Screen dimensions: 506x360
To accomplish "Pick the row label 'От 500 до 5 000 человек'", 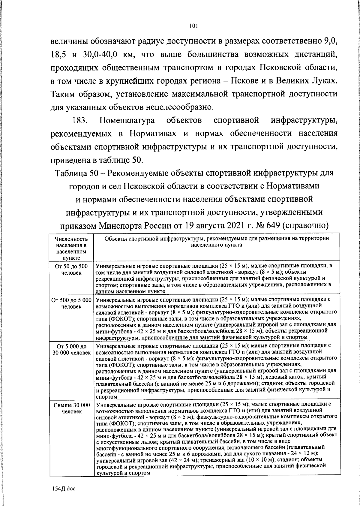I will coord(71,303).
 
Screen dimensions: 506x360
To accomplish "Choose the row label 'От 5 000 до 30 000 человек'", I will coord(71,349).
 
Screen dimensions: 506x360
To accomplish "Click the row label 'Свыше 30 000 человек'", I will coord(71,408).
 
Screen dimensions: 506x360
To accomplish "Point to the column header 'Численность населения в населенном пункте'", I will coord(71,248).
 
